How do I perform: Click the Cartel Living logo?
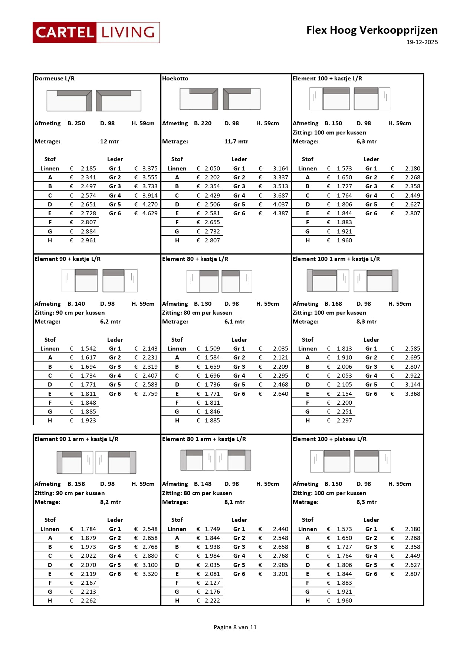click(96, 32)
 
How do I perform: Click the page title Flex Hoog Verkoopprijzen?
click(372, 30)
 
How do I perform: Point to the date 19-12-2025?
click(422, 42)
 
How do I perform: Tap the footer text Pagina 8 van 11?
click(235, 627)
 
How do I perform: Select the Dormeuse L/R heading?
click(55, 79)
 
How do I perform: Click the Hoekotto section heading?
click(175, 79)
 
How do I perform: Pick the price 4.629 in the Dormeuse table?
click(150, 213)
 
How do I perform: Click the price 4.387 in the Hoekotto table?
click(280, 213)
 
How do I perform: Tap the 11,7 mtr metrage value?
click(236, 142)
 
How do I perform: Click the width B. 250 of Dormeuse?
click(76, 123)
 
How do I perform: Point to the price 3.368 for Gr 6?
click(413, 394)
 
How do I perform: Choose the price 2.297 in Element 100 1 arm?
click(344, 421)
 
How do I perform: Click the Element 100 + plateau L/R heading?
click(329, 439)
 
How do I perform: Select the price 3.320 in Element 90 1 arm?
click(150, 574)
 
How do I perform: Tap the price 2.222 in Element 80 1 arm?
click(212, 601)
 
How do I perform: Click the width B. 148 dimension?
click(203, 484)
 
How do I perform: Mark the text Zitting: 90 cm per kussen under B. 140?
click(69, 313)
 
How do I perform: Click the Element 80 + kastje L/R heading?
click(195, 259)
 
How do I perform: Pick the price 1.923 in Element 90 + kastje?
click(88, 421)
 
